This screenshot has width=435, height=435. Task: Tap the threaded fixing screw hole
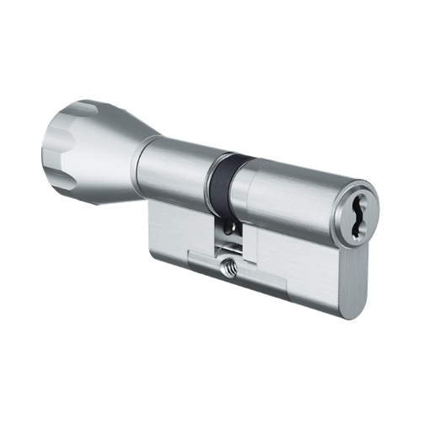coord(228,269)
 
